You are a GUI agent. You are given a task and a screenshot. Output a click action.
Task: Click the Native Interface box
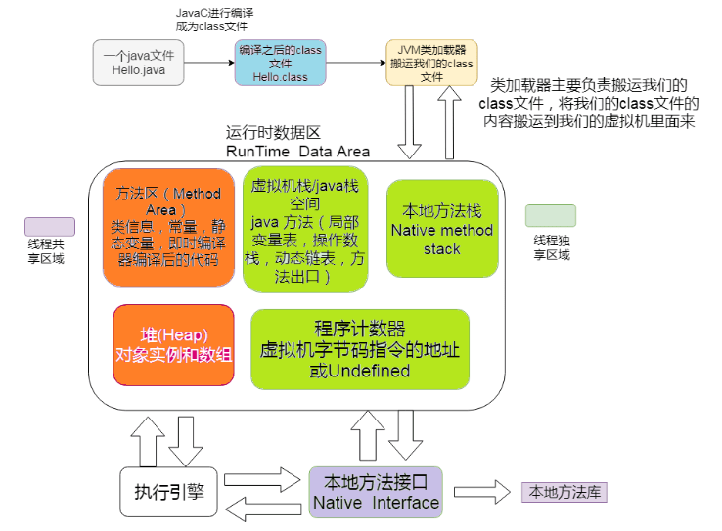[375, 492]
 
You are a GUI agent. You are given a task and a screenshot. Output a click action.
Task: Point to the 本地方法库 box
[564, 492]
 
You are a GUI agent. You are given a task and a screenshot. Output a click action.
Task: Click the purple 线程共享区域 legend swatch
[50, 226]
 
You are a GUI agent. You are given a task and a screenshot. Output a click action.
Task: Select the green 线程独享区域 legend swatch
[550, 216]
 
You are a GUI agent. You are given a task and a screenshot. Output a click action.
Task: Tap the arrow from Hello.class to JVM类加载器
[355, 64]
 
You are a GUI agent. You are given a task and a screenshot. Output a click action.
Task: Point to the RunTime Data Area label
[297, 151]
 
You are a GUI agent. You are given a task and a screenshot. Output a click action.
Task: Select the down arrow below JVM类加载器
[410, 127]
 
